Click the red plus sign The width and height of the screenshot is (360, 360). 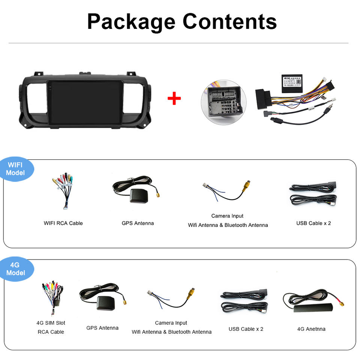[x=174, y=99]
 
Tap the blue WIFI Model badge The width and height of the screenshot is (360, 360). [x=16, y=169]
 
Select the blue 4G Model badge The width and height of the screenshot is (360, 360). [x=16, y=269]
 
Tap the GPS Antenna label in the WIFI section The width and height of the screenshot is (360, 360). [x=138, y=223]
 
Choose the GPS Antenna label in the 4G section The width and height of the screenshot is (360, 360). [x=102, y=328]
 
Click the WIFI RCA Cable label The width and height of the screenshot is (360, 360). [x=63, y=223]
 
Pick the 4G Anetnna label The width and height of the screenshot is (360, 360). [x=311, y=329]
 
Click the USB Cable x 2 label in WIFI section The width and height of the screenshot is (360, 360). [x=313, y=223]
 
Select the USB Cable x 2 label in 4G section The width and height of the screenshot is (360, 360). [x=246, y=329]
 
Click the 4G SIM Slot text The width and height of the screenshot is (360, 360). [x=51, y=323]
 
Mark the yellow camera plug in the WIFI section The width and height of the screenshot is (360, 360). [x=246, y=185]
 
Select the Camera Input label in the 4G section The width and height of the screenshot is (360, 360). [x=171, y=323]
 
